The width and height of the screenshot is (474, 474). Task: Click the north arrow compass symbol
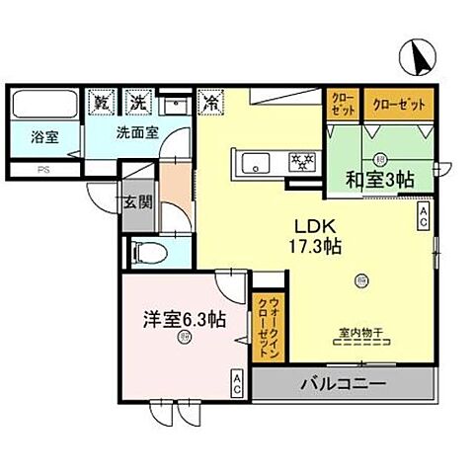[x=419, y=56]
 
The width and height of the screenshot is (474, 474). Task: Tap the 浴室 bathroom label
[x=42, y=137]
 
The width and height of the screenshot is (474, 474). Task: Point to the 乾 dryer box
[x=101, y=101]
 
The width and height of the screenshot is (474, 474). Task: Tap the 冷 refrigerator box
[x=210, y=101]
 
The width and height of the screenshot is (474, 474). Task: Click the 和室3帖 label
[x=379, y=179]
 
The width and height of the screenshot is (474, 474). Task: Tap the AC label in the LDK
[x=423, y=217]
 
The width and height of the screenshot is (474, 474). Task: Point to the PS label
[x=42, y=169]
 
